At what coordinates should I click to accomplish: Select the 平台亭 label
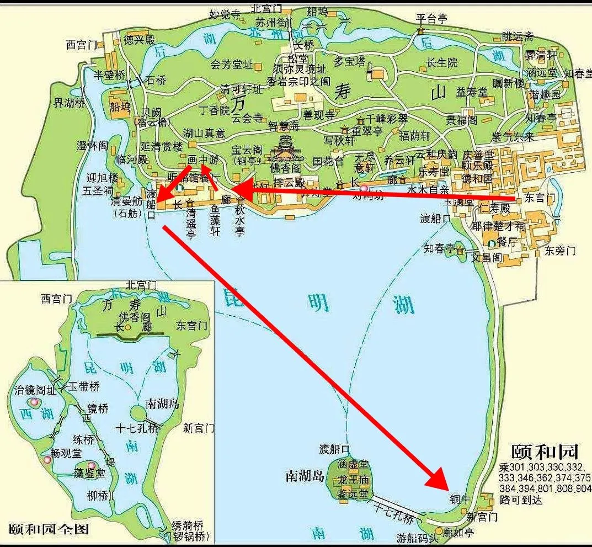click(431, 19)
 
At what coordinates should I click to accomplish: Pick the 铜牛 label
click(460, 498)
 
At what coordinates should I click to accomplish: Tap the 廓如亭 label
click(458, 532)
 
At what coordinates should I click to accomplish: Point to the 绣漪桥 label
click(188, 525)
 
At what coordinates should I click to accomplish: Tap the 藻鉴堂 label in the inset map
click(89, 472)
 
